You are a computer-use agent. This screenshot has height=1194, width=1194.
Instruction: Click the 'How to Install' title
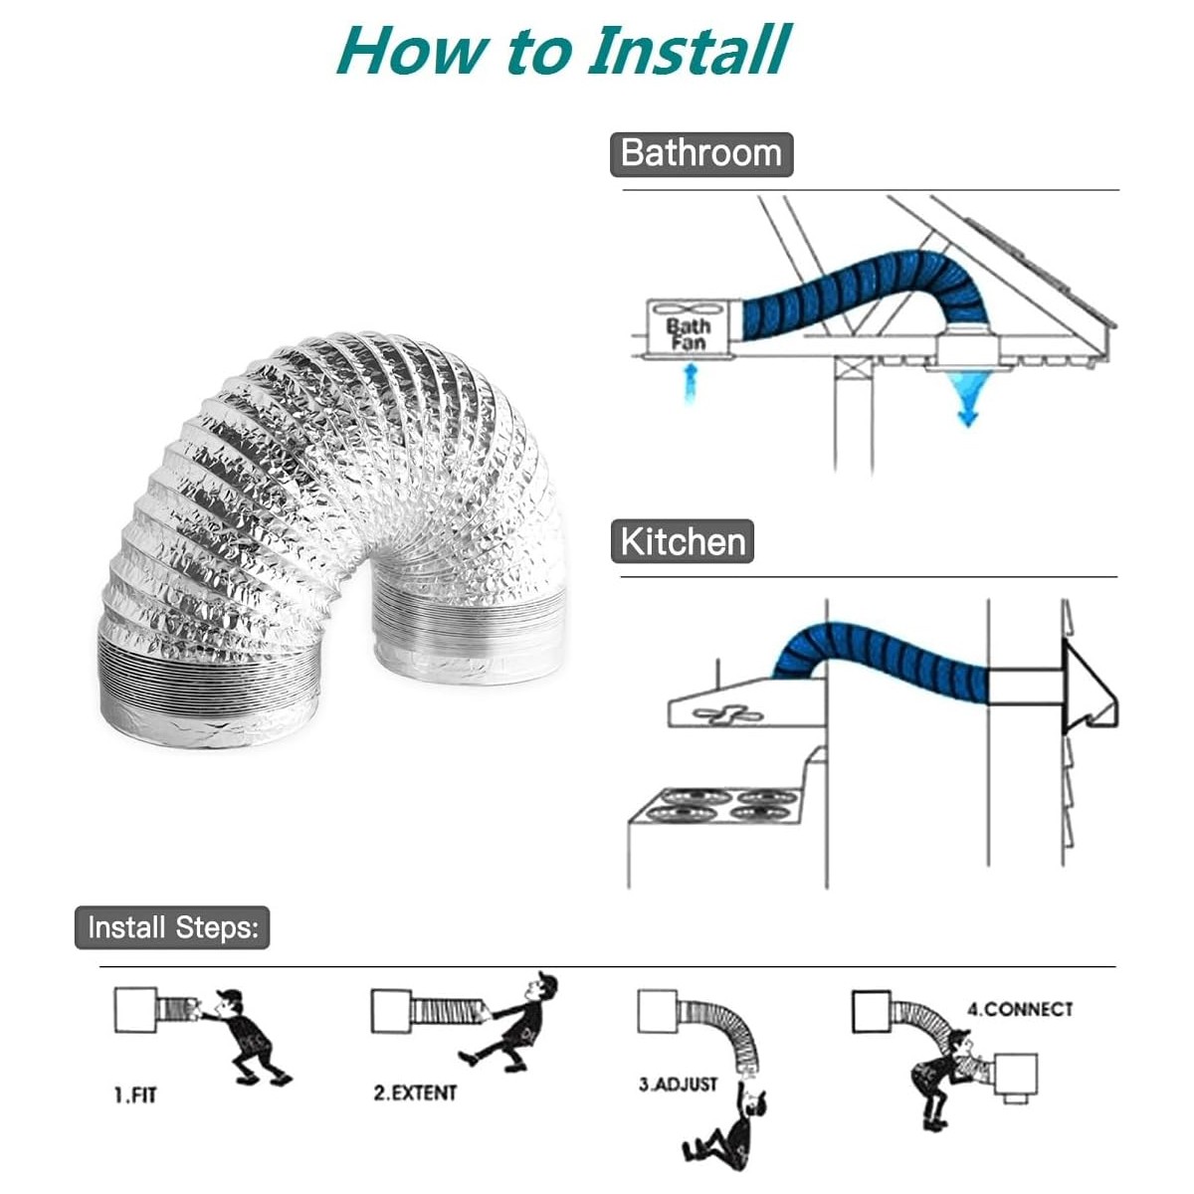click(562, 50)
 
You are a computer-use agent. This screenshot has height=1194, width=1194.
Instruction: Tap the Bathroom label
click(701, 154)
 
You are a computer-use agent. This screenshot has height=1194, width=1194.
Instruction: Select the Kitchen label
click(683, 541)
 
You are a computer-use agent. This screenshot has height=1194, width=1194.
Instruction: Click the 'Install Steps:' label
click(172, 927)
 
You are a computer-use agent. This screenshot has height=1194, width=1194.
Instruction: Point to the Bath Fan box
click(689, 328)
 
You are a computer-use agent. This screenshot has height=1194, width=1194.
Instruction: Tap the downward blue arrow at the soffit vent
click(967, 398)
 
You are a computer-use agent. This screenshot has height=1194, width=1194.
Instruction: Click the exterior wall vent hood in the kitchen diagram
click(1090, 687)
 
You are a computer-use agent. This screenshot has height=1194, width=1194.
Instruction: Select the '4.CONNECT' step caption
click(1019, 1009)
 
